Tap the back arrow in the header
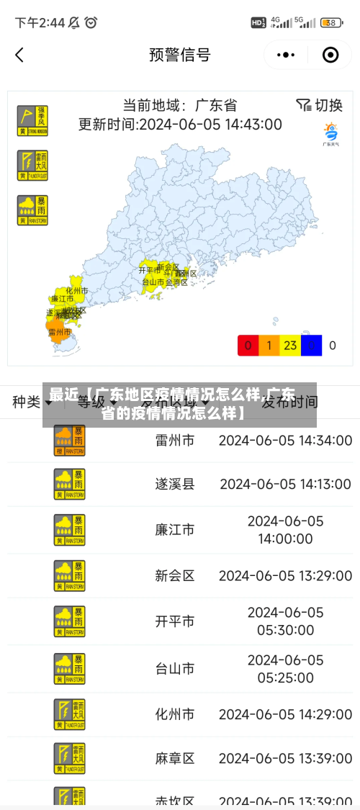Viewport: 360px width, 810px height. pos(19,55)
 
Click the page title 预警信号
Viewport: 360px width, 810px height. pos(179,55)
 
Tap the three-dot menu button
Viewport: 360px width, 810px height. pos(286,55)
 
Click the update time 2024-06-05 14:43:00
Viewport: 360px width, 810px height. pos(180,124)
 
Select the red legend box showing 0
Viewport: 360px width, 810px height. pos(248,346)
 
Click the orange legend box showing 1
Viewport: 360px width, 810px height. pos(269,346)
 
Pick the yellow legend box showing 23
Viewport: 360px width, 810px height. pos(290,346)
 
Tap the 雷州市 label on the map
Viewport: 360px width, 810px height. pos(60,333)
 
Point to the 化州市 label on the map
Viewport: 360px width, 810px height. pos(76,290)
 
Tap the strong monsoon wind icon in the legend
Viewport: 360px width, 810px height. pos(32,120)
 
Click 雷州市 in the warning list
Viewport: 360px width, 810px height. pos(175,440)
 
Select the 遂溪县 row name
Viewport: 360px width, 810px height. pos(175,484)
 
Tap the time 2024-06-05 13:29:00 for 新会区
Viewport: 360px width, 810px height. pos(285,575)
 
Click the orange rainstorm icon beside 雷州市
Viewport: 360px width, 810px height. pos(69,440)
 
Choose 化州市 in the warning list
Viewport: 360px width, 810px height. pos(175,714)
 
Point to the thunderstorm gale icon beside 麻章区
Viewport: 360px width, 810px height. pos(69,758)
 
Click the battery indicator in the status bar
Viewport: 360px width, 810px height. pos(331,23)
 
